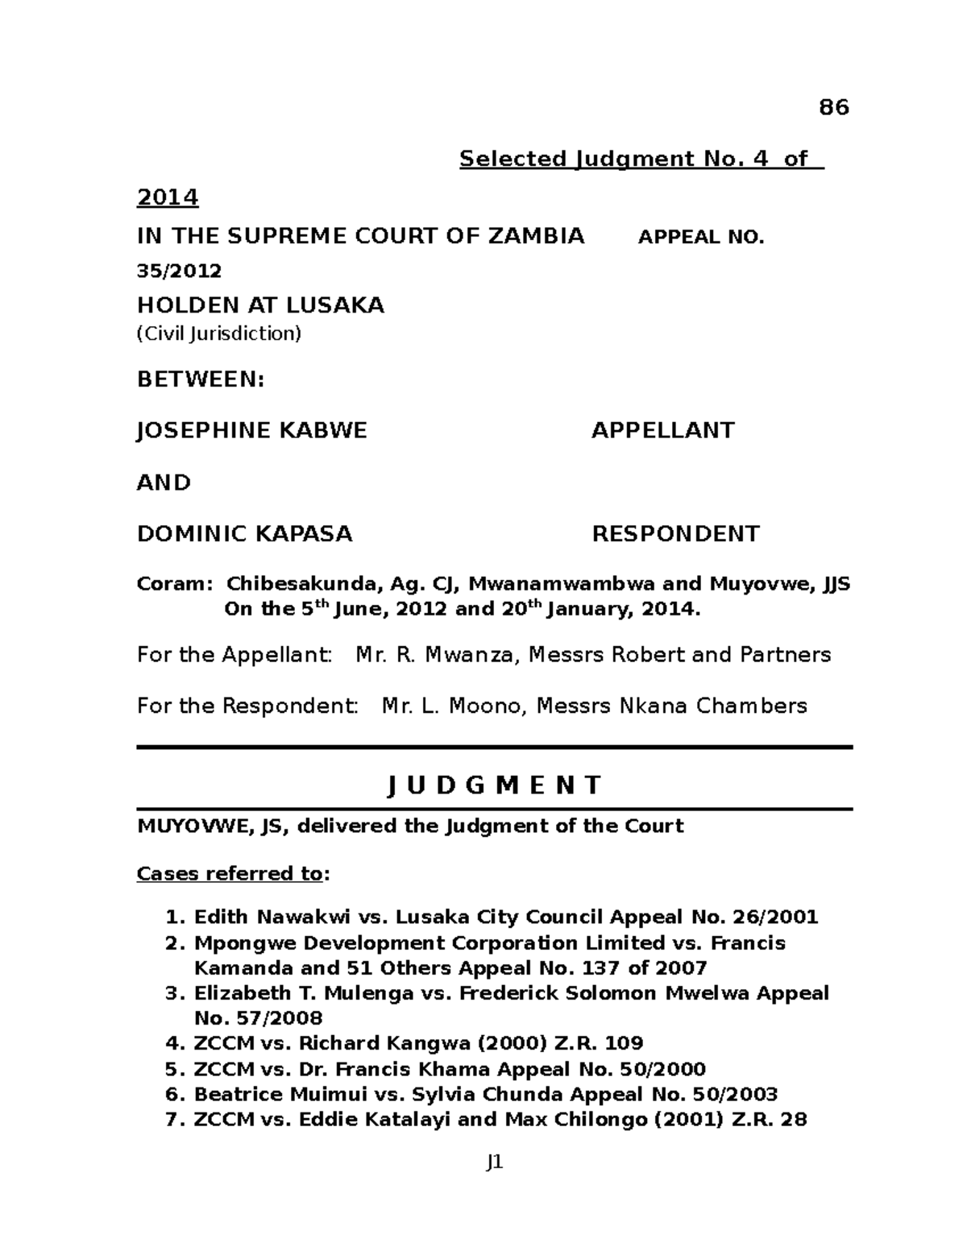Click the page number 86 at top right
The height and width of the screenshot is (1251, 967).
click(834, 107)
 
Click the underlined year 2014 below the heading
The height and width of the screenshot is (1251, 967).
click(168, 197)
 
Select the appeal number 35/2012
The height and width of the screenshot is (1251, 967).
click(179, 271)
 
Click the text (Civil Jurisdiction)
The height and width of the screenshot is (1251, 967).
click(218, 333)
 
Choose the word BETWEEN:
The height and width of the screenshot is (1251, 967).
click(201, 379)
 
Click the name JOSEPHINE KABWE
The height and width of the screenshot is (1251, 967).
click(251, 430)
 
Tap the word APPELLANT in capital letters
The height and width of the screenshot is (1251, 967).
click(662, 430)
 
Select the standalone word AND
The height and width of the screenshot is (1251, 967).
click(164, 483)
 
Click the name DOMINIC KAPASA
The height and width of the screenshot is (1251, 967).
click(244, 534)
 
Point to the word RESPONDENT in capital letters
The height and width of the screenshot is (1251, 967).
click(675, 534)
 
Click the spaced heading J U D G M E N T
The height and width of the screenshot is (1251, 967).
click(494, 785)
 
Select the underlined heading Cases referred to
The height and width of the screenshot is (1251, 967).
click(230, 874)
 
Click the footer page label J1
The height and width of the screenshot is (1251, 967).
click(494, 1162)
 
